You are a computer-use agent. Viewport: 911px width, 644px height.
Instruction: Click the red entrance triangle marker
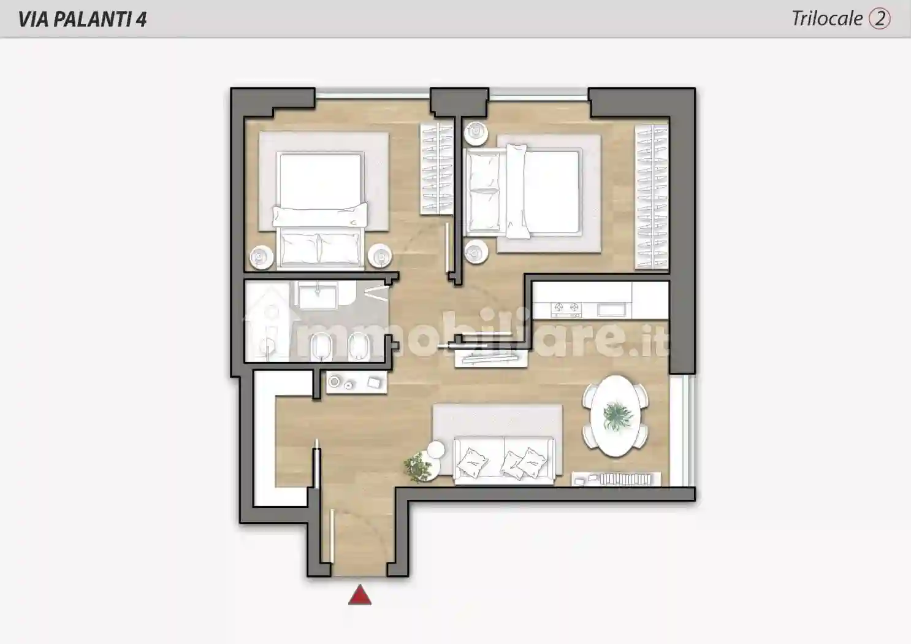[360, 595]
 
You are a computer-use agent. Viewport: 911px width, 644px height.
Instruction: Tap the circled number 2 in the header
[880, 19]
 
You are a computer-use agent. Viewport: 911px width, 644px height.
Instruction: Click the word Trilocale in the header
[827, 19]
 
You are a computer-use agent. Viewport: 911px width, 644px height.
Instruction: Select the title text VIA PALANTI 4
[82, 19]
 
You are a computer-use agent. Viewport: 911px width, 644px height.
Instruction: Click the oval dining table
[616, 416]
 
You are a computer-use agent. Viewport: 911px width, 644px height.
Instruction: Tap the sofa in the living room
[504, 461]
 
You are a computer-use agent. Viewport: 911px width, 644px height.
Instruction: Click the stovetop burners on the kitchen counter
[566, 309]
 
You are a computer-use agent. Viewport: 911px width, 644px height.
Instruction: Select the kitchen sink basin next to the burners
[612, 310]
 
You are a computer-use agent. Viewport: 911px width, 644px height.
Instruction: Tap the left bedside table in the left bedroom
[261, 257]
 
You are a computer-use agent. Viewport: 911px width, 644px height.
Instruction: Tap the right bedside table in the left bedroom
[380, 256]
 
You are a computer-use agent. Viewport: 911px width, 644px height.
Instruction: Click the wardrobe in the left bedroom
[436, 169]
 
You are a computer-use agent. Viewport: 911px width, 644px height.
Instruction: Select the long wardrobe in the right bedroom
[652, 196]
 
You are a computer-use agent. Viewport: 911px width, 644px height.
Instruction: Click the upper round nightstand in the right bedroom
[476, 132]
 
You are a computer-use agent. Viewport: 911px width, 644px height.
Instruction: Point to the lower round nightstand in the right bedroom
[476, 252]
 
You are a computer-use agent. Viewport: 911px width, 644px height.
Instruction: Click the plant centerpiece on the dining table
[617, 416]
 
